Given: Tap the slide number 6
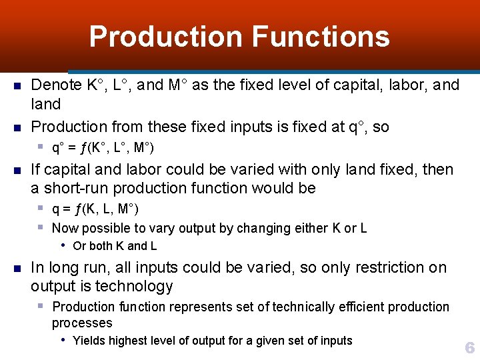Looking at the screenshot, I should tap(469, 347).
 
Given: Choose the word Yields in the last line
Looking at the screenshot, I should tap(89, 341).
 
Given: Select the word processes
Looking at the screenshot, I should tap(82, 323).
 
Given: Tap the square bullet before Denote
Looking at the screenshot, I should tap(18, 86).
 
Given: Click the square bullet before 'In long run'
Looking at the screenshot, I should tap(18, 269).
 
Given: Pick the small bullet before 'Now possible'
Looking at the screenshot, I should tap(41, 227).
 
